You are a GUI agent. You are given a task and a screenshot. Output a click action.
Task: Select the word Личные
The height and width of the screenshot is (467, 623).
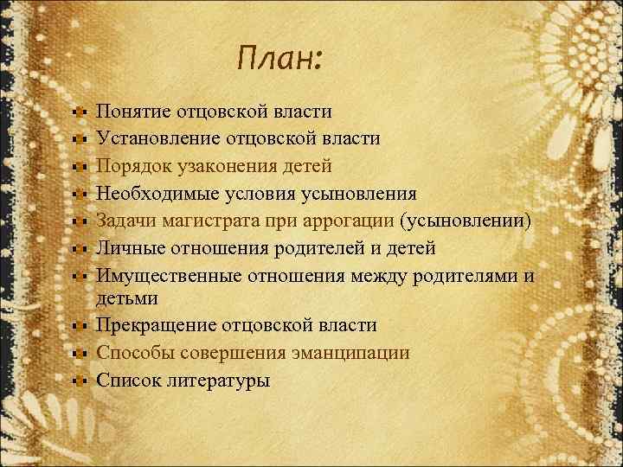point(128,247)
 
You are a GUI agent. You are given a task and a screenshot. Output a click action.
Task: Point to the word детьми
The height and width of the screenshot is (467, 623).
point(127,297)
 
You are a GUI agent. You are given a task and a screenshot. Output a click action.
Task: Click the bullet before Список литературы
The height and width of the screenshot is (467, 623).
point(78,380)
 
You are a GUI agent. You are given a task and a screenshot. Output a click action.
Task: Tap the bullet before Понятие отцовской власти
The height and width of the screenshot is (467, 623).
point(78,112)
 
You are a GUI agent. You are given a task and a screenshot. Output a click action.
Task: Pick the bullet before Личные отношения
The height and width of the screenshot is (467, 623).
point(78,247)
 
